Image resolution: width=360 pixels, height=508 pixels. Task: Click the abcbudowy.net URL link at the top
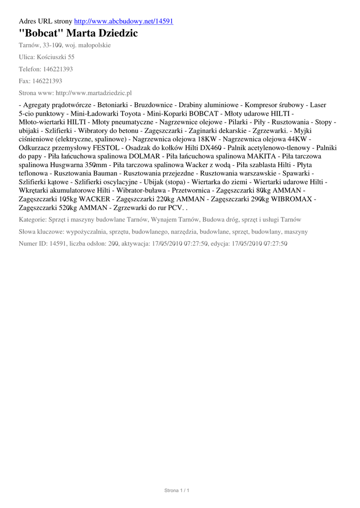pos(123,21)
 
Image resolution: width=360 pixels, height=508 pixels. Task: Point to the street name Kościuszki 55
pos(57,57)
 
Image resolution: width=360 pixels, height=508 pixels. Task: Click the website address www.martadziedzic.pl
pos(94,93)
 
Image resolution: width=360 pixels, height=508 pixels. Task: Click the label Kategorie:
pos(32,219)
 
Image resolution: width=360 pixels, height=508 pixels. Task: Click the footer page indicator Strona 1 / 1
pos(177,490)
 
